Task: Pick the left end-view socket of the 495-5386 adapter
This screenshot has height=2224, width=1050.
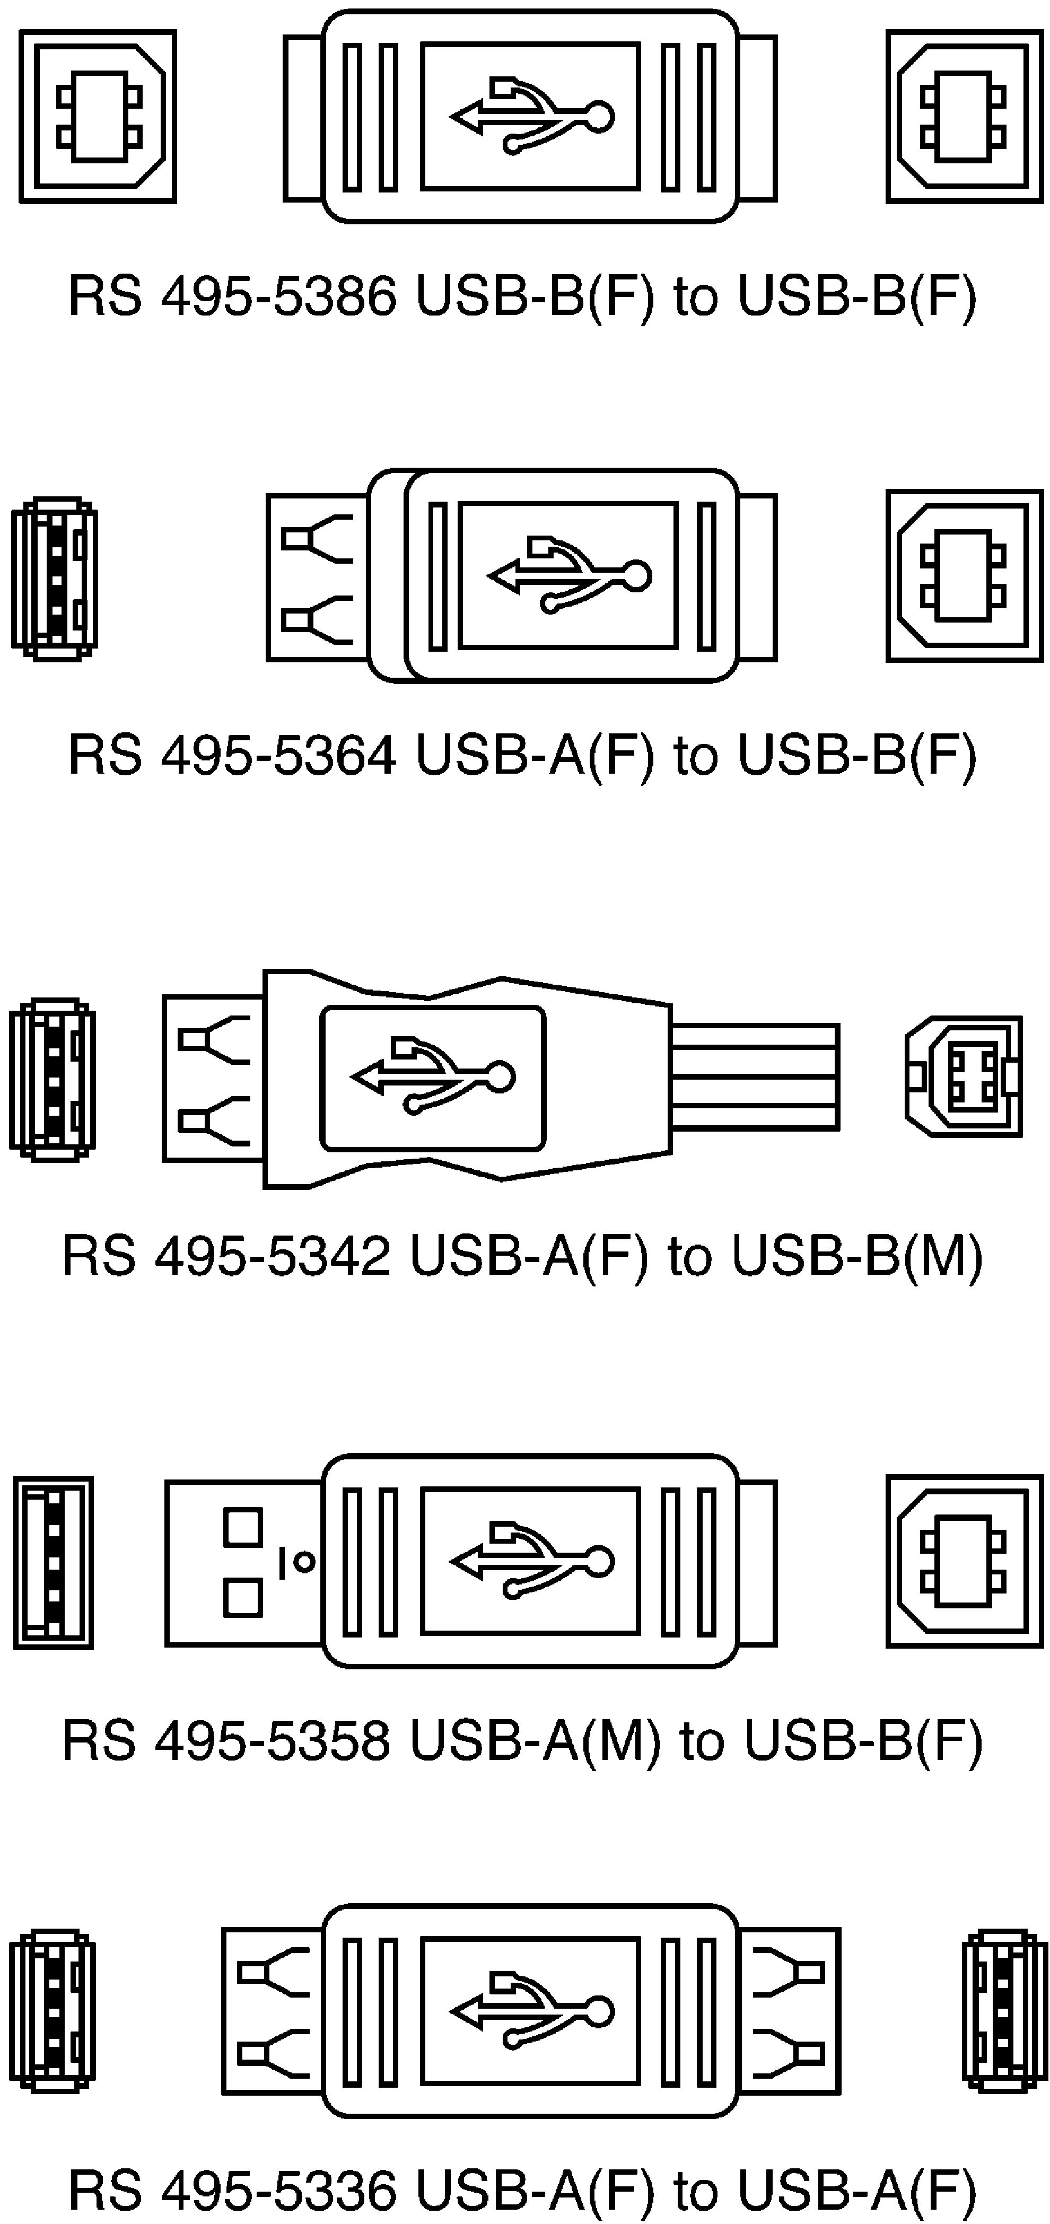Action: point(98,117)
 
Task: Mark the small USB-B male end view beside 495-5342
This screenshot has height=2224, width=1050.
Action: point(964,1076)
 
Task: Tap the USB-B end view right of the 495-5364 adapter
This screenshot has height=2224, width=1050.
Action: point(965,576)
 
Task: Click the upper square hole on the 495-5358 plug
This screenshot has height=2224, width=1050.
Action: point(243,1526)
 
